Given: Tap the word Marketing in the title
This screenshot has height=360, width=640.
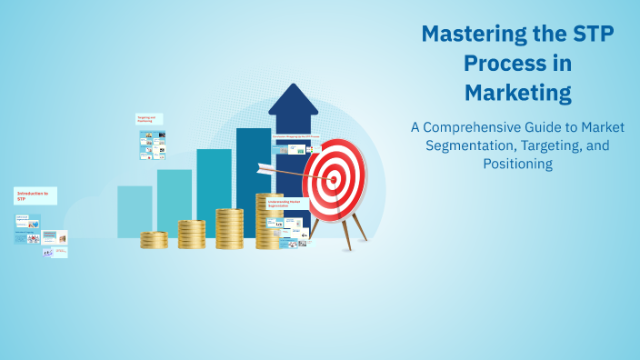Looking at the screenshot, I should (x=517, y=92).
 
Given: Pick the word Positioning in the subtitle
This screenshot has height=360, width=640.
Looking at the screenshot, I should (x=517, y=165).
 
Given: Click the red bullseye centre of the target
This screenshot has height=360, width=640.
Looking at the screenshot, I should (x=333, y=180).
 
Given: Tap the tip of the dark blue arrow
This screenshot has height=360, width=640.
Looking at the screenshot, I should (x=293, y=89).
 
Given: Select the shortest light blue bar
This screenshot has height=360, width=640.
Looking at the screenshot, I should (x=135, y=211).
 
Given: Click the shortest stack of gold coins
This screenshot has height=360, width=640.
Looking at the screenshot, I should (x=154, y=240).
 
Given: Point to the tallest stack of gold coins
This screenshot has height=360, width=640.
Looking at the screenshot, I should (x=269, y=221).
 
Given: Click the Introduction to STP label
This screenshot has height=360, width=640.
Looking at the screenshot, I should (x=35, y=195).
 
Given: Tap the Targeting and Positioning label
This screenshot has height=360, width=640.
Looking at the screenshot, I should (x=148, y=119).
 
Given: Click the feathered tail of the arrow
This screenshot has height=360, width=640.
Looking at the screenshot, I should (x=265, y=167).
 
